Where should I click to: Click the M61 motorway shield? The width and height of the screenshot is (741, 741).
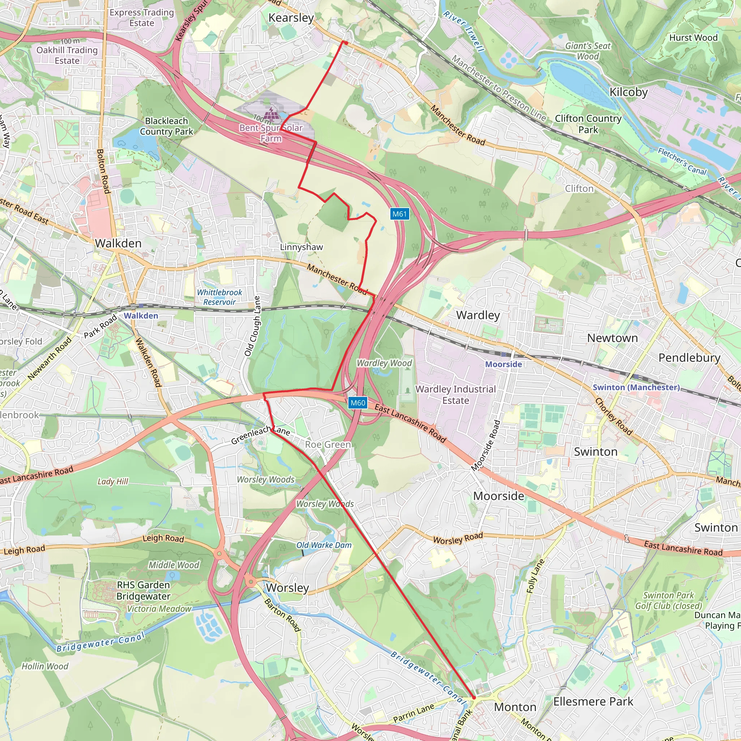400,214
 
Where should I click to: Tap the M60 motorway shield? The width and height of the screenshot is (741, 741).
358,403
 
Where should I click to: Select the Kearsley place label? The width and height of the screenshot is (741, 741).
291,18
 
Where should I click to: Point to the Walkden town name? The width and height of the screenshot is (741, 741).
118,243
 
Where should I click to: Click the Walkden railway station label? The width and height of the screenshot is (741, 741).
141,316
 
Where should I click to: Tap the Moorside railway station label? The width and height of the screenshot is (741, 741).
503,364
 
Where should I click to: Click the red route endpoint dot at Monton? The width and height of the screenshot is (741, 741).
474,698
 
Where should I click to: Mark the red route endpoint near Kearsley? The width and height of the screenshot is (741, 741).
346,43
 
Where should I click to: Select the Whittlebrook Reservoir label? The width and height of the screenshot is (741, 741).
219,297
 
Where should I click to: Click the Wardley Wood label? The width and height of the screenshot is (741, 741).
384,363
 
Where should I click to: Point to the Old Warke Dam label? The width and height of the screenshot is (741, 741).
324,545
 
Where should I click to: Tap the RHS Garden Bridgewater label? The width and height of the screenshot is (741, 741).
143,590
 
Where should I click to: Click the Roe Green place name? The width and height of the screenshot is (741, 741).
328,445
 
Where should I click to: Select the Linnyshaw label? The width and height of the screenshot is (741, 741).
301,247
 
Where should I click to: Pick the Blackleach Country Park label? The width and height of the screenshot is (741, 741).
166,126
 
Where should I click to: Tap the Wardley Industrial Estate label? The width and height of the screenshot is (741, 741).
455,395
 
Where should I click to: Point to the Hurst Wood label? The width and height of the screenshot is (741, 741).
693,38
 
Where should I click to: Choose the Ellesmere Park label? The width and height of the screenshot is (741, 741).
593,702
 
